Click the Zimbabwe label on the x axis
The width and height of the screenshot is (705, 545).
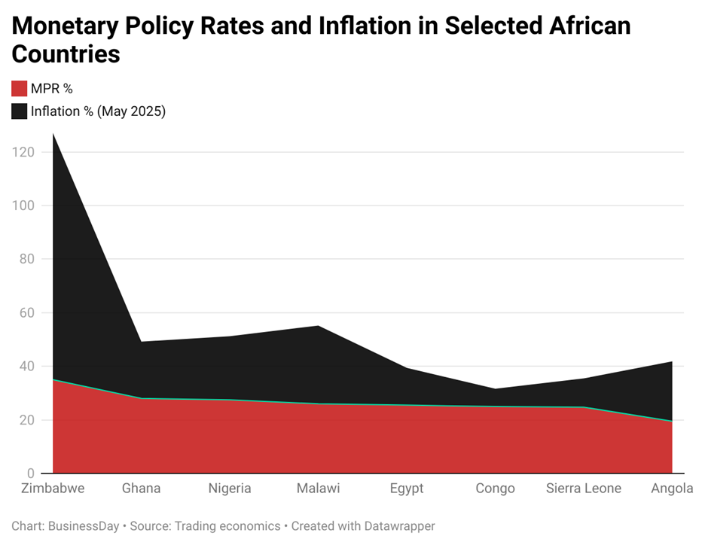53,489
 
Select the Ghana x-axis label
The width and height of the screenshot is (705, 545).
141,489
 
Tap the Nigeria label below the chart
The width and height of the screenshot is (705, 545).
230,489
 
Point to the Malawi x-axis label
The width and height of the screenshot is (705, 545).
318,489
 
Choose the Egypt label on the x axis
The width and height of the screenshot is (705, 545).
407,489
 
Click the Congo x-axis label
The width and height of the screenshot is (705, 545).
495,489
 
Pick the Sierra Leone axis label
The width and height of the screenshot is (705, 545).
584,489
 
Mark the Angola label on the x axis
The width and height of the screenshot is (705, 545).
672,489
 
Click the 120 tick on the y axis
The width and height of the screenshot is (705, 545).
25,152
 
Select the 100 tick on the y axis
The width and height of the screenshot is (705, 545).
25,206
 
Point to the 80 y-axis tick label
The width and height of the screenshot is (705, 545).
28,259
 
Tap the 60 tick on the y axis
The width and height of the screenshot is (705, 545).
28,312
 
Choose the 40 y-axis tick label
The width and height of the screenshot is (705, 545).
28,366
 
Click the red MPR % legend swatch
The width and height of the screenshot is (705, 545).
19,89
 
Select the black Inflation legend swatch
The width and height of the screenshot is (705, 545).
19,111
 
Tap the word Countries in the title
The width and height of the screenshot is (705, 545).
66,54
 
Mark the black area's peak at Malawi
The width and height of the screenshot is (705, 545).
318,326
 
